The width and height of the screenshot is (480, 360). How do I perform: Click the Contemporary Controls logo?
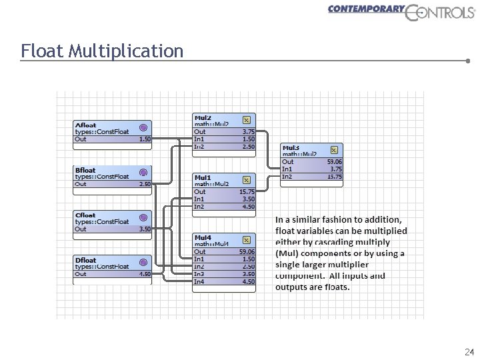click(x=400, y=11)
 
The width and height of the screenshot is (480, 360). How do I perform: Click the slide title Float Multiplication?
click(x=101, y=51)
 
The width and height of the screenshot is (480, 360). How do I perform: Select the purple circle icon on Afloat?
click(x=143, y=127)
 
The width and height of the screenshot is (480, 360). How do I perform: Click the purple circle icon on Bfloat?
click(x=143, y=173)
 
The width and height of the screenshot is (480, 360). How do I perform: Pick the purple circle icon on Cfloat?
click(x=143, y=218)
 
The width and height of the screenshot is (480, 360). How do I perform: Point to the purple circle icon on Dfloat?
click(x=143, y=263)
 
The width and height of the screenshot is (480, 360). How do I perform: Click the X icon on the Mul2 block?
click(x=247, y=120)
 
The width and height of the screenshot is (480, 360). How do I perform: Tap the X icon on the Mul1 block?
click(x=247, y=180)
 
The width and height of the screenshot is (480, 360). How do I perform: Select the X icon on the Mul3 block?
click(x=335, y=150)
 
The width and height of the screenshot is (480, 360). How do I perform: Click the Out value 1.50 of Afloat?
click(x=144, y=139)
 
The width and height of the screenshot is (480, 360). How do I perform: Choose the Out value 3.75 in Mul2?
click(x=248, y=132)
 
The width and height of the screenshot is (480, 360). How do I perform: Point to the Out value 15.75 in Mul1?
click(x=247, y=191)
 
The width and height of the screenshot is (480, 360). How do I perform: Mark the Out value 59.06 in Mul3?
click(x=335, y=161)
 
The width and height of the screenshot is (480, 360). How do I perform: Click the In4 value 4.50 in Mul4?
click(x=248, y=281)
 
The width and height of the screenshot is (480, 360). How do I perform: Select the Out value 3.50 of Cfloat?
click(x=144, y=229)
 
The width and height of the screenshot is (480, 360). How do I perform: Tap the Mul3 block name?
click(x=291, y=147)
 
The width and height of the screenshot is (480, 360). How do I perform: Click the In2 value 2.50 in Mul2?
click(x=248, y=146)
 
